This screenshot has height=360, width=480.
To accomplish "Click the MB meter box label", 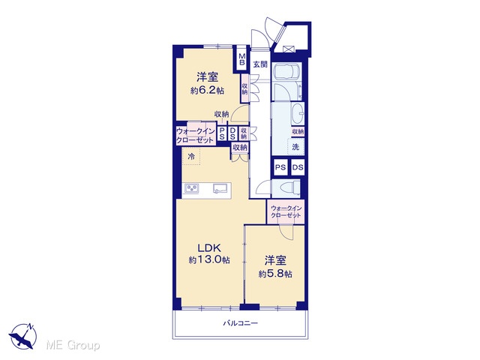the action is (x=242, y=59).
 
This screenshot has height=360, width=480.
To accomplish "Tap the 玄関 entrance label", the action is (x=260, y=64).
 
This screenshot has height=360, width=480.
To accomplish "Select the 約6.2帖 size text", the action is (x=207, y=91).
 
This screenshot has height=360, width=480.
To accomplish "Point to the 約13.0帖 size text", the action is (x=209, y=260).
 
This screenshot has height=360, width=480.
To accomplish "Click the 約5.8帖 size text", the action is (x=275, y=273).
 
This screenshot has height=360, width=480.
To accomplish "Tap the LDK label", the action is (x=209, y=247).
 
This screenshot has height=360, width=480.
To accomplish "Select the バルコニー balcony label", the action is (x=240, y=323).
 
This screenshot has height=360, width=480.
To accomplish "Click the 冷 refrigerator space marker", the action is (x=191, y=157).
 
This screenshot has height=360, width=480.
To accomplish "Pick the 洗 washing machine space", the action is (x=295, y=147).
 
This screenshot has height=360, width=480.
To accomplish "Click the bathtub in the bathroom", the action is (x=286, y=71).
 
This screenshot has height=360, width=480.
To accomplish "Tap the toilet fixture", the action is (x=292, y=187).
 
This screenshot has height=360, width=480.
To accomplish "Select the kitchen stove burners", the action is (x=191, y=187).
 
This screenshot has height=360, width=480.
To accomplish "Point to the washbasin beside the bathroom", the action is (x=298, y=114).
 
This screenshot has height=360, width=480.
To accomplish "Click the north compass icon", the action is (x=23, y=335).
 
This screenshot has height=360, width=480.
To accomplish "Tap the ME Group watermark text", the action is (x=73, y=345).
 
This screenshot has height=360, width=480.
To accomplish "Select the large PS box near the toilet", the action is (x=280, y=167).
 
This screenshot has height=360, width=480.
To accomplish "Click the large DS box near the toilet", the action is (x=298, y=167).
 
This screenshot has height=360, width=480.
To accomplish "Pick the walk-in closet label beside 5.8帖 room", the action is (x=286, y=211).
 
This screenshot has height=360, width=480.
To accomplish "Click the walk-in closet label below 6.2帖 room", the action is (x=195, y=136).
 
